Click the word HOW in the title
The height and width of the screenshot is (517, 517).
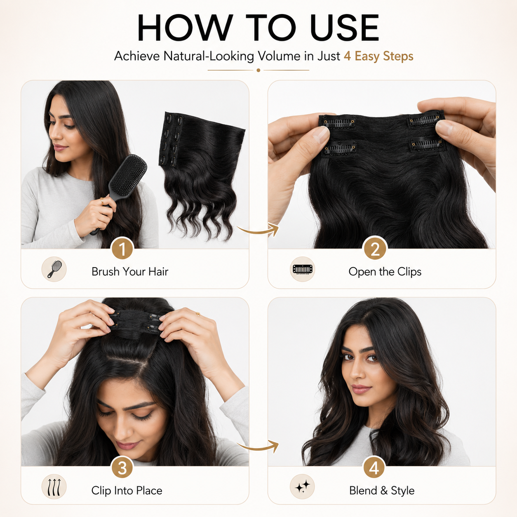185,28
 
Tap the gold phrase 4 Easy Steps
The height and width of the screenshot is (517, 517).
378,56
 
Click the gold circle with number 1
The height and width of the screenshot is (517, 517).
122,249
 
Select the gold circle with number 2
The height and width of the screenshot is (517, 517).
375,249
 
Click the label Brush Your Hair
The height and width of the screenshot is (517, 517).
130,272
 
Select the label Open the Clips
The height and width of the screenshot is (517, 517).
385,272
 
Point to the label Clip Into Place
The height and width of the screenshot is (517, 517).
127,491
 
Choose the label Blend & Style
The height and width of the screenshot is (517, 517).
382,491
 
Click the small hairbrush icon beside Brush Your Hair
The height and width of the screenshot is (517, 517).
54,269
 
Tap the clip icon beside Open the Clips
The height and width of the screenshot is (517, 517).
303,269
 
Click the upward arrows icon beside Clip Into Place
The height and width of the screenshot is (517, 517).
54,487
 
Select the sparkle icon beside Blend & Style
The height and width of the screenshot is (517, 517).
303,487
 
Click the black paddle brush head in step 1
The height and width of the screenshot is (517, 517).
129,175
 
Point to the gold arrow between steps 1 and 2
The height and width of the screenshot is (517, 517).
258,230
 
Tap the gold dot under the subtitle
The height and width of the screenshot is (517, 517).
258,70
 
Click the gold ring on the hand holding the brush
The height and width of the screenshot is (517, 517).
102,201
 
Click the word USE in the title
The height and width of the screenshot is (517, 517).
345,28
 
